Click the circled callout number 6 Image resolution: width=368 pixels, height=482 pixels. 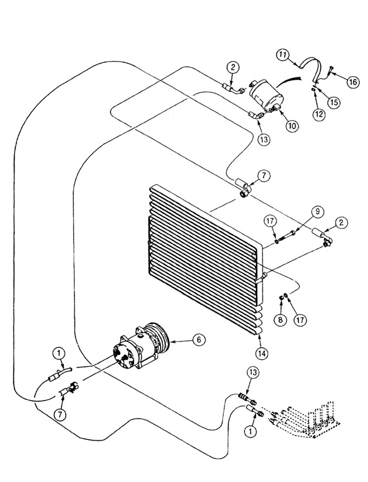click(199, 340)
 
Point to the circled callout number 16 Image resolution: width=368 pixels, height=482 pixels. click(353, 82)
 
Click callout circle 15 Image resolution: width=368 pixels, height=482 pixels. click(334, 102)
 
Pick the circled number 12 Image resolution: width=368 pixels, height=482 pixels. click(319, 114)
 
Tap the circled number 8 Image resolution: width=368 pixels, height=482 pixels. click(280, 320)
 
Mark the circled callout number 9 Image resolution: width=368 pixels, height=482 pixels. click(318, 211)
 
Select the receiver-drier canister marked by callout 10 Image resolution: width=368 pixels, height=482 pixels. click(267, 95)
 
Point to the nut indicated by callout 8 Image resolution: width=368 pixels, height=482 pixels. click(281, 298)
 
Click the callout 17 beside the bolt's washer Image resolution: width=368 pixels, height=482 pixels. click(271, 221)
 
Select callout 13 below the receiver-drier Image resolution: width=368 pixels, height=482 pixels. click(264, 139)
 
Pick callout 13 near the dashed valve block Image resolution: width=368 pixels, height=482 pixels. click(253, 372)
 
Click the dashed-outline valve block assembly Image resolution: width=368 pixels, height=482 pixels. click(306, 418)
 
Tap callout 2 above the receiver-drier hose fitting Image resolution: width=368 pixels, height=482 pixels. click(233, 67)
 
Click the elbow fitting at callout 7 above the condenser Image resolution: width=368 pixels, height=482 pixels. click(244, 187)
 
